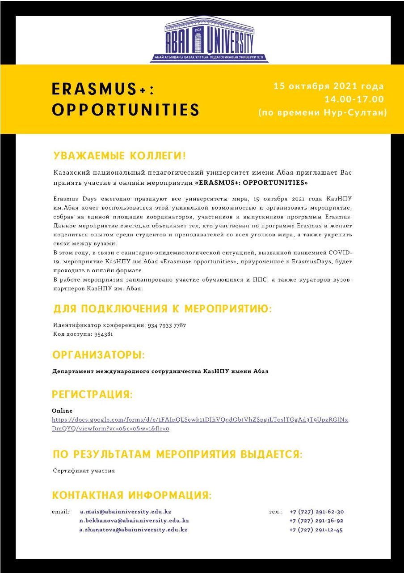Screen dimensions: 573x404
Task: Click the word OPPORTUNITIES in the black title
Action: (x=126, y=110)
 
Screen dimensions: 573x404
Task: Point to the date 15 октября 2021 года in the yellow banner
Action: (x=329, y=86)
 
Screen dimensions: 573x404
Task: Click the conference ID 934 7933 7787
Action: (x=167, y=325)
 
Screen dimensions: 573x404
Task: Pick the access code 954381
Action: (x=104, y=334)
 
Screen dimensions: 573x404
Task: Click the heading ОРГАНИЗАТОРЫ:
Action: (x=99, y=355)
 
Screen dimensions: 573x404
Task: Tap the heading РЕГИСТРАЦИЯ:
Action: (x=93, y=394)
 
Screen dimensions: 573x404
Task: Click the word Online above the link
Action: (x=62, y=411)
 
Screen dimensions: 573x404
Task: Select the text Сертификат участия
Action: (x=84, y=470)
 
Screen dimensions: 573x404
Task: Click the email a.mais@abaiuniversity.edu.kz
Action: (x=126, y=512)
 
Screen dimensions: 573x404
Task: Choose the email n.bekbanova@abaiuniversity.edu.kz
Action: (x=134, y=521)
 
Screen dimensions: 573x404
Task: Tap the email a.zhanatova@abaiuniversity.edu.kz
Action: (x=133, y=530)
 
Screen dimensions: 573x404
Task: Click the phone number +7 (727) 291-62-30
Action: (x=316, y=512)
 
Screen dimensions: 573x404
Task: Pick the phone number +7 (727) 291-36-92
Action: (x=316, y=521)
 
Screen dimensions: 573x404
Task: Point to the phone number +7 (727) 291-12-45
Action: (x=316, y=530)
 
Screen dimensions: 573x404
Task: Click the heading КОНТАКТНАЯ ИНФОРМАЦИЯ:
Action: (x=132, y=495)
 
